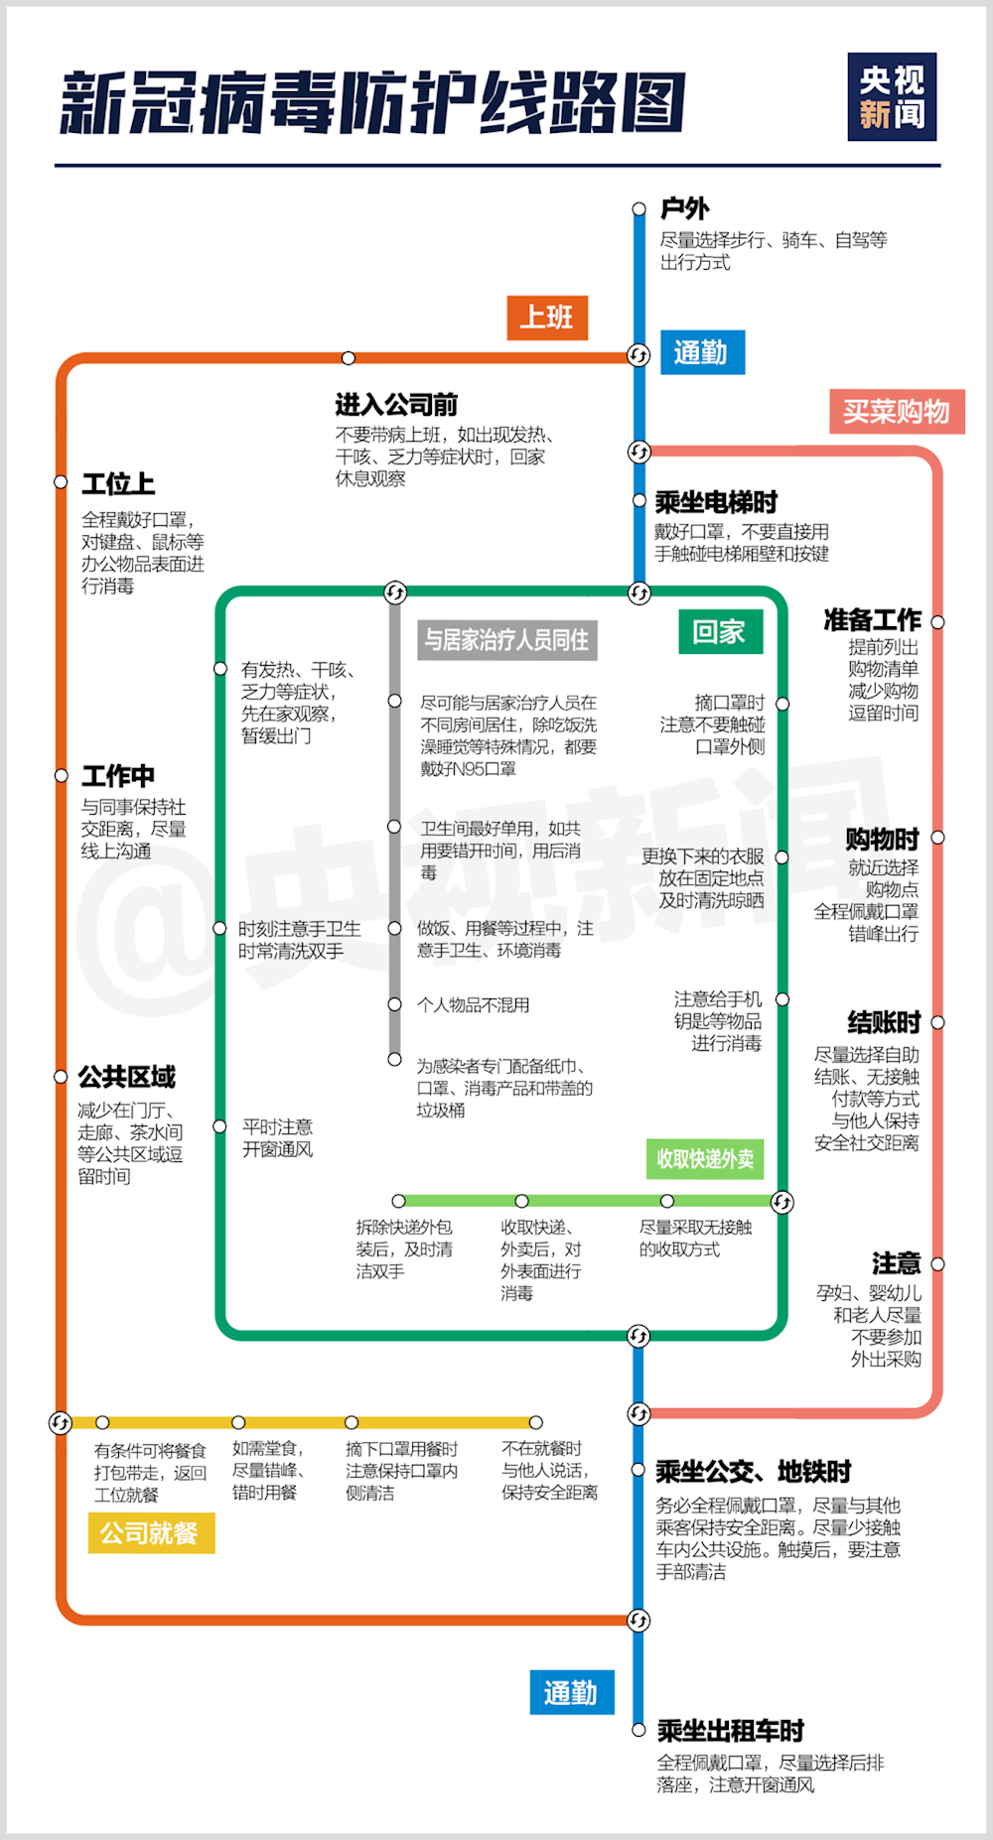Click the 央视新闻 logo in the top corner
coord(892,96)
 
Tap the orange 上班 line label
coord(547,318)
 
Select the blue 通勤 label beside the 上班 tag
coord(702,352)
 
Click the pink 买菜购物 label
coord(897,411)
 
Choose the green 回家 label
coord(721,631)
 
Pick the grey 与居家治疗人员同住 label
coord(506,640)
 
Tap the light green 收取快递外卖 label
coord(705,1158)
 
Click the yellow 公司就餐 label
coord(151,1533)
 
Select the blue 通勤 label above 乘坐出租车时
coord(572,1692)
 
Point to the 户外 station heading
coord(685,208)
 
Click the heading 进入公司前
coord(396,405)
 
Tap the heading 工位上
coord(118,483)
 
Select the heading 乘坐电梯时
coord(716,502)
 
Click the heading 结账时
coord(884,1022)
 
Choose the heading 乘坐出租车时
coord(730,1731)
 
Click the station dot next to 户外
coord(639,209)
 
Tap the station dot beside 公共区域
coord(61,1077)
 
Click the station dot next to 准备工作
coord(937,622)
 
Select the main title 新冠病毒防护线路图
coord(372,102)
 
